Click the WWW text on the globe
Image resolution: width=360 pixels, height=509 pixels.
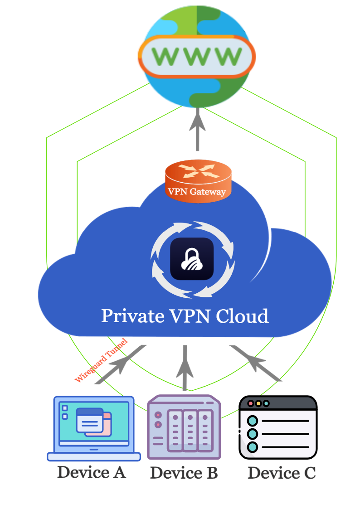197,56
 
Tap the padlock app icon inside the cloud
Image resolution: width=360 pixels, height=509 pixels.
192,259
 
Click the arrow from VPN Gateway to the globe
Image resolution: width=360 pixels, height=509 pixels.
197,131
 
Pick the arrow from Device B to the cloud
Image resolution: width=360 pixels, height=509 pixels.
185,367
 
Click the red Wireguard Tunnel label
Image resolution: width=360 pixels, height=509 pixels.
101,361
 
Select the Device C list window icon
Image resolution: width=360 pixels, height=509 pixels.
277,428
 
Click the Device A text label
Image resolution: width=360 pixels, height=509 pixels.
91,473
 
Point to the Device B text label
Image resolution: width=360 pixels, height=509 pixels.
184,473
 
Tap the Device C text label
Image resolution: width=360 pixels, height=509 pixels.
282,473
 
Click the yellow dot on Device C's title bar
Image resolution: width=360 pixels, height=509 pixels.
258,403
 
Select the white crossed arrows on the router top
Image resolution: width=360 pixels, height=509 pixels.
198,170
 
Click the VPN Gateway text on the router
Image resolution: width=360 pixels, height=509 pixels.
197,191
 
